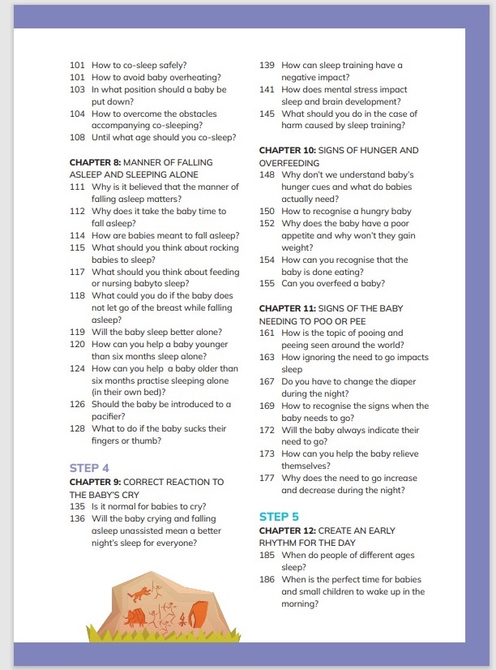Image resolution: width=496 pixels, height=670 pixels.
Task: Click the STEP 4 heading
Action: point(89,468)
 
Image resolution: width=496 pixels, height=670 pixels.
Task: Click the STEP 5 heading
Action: point(279,516)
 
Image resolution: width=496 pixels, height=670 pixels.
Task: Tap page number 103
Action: point(78,90)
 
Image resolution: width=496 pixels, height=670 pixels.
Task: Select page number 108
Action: point(78,138)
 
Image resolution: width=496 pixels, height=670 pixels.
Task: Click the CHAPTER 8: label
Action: point(96,162)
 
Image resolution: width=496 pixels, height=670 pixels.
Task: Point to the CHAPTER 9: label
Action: point(96,483)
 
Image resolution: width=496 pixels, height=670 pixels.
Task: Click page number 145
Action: point(267,114)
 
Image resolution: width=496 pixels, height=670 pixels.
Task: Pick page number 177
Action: point(267,479)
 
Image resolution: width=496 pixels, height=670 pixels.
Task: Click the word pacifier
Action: point(108,416)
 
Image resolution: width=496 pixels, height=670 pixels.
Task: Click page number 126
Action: point(78,404)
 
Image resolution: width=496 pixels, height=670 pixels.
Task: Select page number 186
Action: point(267,579)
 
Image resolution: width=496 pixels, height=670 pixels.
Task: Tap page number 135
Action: point(78,506)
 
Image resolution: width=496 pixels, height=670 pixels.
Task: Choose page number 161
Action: point(267,333)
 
